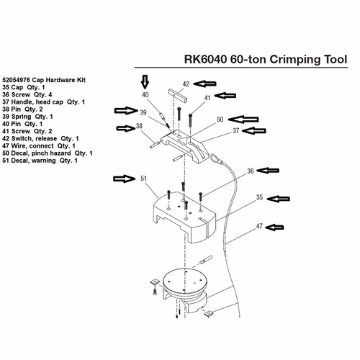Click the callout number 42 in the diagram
[186, 84]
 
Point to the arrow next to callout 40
[145, 81]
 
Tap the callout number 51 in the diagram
[143, 179]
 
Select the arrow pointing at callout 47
[275, 228]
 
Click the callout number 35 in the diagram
[260, 197]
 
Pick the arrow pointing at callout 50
[243, 120]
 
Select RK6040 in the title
[205, 59]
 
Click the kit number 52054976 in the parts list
[17, 80]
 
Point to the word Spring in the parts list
[22, 117]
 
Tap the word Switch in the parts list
[21, 139]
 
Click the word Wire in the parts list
[19, 146]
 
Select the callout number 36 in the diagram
[251, 171]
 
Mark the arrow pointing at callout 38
[126, 128]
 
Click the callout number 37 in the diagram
[236, 131]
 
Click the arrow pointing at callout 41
[225, 96]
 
